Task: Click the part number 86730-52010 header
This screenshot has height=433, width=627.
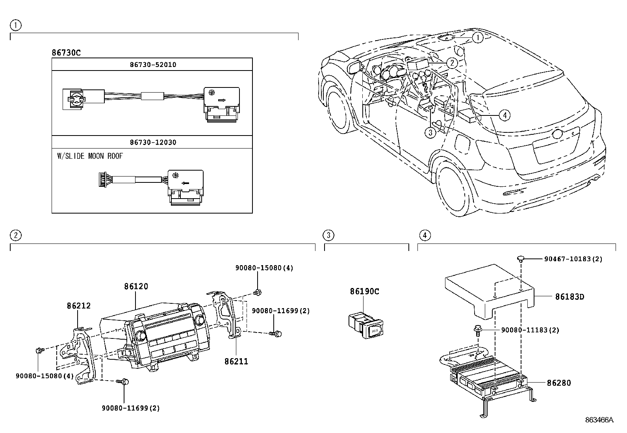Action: point(153,64)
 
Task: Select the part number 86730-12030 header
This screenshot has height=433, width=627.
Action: point(153,142)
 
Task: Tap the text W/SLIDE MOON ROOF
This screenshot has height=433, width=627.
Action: point(90,156)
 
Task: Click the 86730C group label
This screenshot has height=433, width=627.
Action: point(66,52)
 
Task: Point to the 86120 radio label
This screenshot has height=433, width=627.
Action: point(136,286)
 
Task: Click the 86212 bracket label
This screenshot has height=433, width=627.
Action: point(78,305)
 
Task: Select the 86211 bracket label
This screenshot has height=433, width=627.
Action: point(236,361)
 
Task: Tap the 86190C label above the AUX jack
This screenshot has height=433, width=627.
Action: point(364,292)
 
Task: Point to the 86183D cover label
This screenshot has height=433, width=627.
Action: point(569,296)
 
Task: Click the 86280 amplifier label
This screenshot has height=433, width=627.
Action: point(558,383)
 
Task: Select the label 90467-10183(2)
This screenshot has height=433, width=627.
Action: point(573,259)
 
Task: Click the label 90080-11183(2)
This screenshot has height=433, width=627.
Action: point(530,330)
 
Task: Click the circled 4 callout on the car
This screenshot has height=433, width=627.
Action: point(504,115)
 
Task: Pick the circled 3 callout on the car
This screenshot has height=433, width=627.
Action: point(430,132)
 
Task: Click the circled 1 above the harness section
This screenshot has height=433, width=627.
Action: point(15,25)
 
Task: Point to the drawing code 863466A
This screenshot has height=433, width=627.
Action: point(599,420)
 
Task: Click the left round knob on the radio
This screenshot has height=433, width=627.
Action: point(141,336)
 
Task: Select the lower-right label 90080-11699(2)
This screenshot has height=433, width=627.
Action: point(131,408)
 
